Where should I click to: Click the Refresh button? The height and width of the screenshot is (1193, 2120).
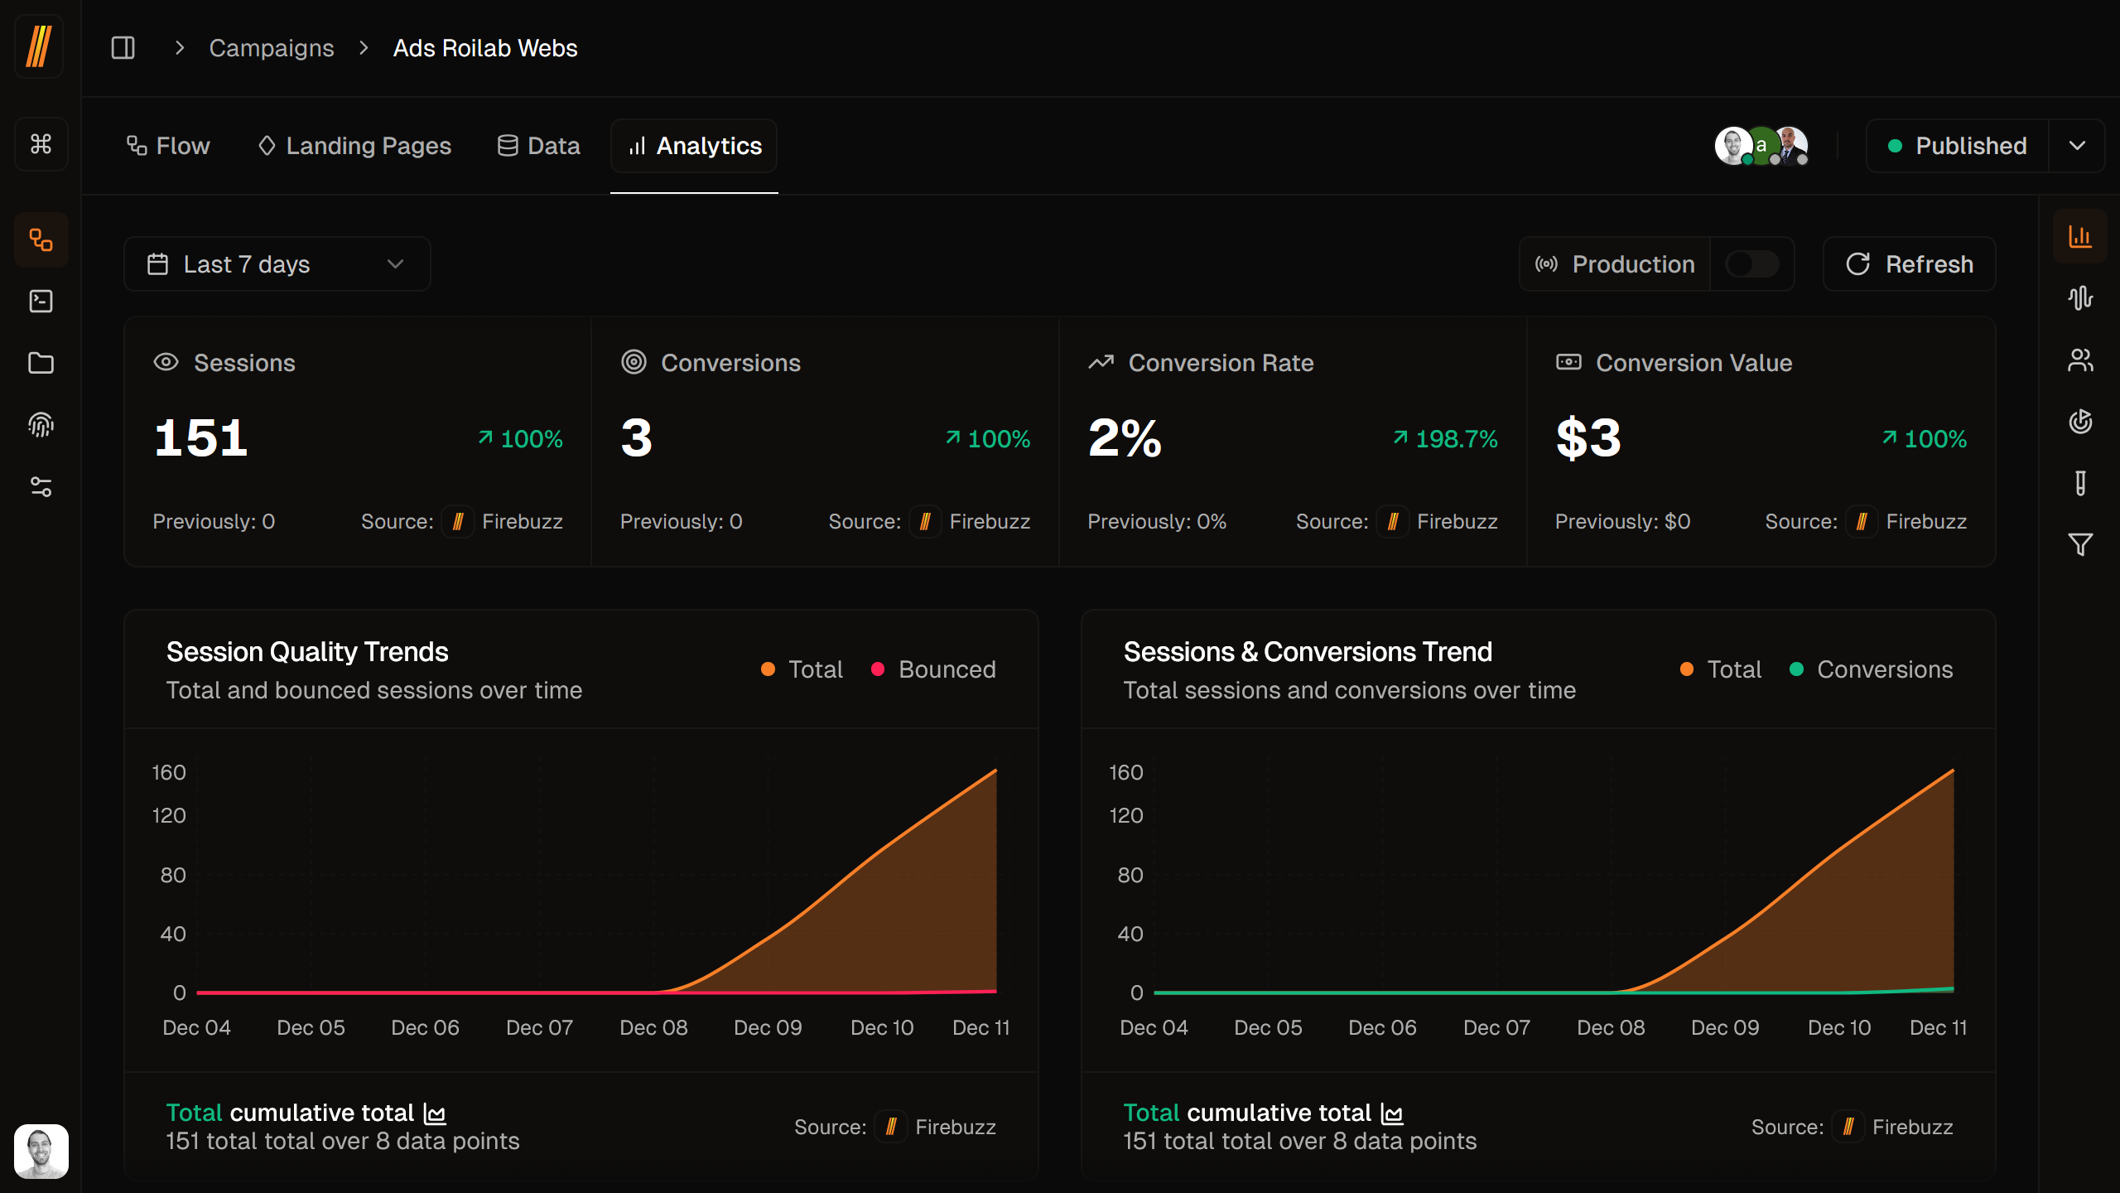pyautogui.click(x=1909, y=264)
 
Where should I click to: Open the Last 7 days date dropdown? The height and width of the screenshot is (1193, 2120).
pyautogui.click(x=277, y=264)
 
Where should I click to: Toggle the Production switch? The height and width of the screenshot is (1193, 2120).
pyautogui.click(x=1751, y=264)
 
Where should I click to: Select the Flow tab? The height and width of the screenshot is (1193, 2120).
pyautogui.click(x=168, y=146)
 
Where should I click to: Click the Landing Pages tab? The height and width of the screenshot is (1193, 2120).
pyautogui.click(x=354, y=146)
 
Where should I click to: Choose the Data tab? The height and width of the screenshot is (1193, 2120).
pyautogui.click(x=538, y=146)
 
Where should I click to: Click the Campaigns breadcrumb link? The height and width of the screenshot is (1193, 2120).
pyautogui.click(x=271, y=48)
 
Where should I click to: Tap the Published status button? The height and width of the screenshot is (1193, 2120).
pyautogui.click(x=1957, y=146)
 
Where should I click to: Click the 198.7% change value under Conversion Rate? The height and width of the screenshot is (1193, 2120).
pyautogui.click(x=1455, y=439)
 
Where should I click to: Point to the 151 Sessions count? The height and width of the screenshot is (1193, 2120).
pyautogui.click(x=201, y=437)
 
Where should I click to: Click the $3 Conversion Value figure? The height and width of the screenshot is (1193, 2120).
pyautogui.click(x=1588, y=437)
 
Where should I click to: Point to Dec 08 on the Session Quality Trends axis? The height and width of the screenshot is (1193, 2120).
pyautogui.click(x=653, y=1027)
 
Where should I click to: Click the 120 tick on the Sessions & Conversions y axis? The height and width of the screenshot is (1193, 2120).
pyautogui.click(x=1126, y=815)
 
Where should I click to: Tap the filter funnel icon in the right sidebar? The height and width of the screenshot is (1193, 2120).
pyautogui.click(x=2080, y=544)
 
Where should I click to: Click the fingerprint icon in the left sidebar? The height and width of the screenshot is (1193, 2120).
pyautogui.click(x=41, y=425)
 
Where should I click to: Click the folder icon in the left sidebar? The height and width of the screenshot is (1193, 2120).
pyautogui.click(x=41, y=363)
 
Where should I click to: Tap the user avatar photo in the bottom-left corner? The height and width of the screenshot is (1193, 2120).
pyautogui.click(x=41, y=1151)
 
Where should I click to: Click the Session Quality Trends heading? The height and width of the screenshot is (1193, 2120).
pyautogui.click(x=307, y=652)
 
